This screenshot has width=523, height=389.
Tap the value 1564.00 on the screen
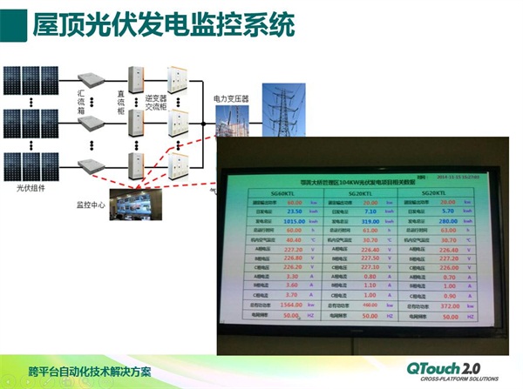[294, 306]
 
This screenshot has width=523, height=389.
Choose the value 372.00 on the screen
[450, 305]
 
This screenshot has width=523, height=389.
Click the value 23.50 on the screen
[295, 211]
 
